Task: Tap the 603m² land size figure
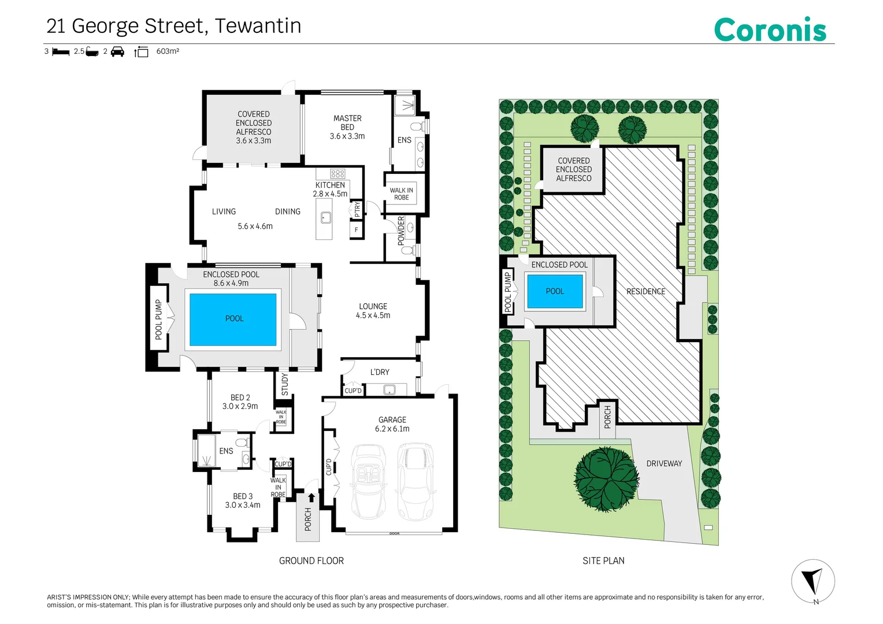168,51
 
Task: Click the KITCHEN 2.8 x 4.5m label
330,189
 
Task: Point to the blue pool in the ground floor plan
233,320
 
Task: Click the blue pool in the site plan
555,291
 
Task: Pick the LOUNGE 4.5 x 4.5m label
373,311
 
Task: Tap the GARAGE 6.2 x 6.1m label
392,424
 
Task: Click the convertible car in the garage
369,481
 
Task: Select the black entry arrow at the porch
311,497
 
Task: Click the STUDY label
285,384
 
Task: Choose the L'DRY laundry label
380,372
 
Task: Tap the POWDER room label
401,231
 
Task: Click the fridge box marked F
357,230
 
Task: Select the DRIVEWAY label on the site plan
664,463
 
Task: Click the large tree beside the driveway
606,479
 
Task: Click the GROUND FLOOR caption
311,560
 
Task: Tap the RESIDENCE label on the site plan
645,291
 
